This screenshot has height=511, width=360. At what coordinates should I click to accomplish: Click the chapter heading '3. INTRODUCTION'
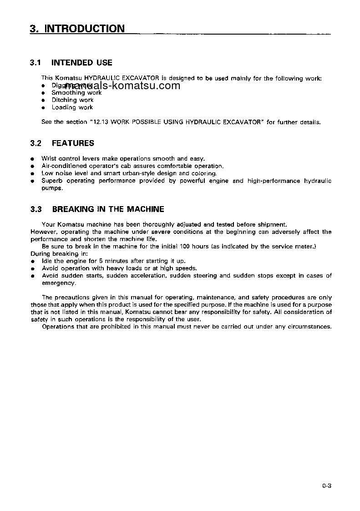coord(77,29)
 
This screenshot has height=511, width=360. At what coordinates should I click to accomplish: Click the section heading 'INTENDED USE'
coord(82,63)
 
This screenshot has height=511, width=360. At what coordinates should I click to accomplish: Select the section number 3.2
coord(36,143)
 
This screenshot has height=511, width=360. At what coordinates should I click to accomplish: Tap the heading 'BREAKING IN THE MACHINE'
coord(108,209)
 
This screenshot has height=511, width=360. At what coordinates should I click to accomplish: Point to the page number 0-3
coord(326,486)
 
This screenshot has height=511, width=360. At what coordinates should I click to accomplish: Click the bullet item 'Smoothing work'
coord(76,93)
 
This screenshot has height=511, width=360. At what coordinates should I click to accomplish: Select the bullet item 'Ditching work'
coord(72,100)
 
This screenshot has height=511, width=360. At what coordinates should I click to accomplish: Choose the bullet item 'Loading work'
coord(72,107)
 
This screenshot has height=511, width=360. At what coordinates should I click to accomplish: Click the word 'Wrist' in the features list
coord(49,159)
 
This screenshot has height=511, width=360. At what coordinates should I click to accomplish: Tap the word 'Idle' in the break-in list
coord(47,261)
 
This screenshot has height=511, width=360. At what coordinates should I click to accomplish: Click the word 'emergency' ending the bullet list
coord(58,283)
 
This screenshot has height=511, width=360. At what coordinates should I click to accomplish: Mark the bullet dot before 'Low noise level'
coord(32,174)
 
